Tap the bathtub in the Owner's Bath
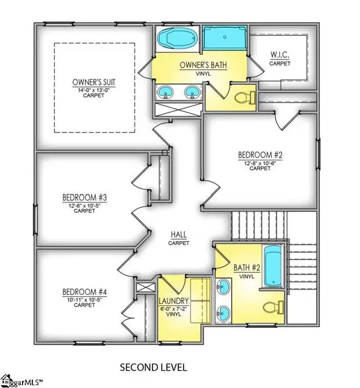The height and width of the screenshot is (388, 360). tap(177, 39)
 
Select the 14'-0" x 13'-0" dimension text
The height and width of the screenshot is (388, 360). tap(94, 91)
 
